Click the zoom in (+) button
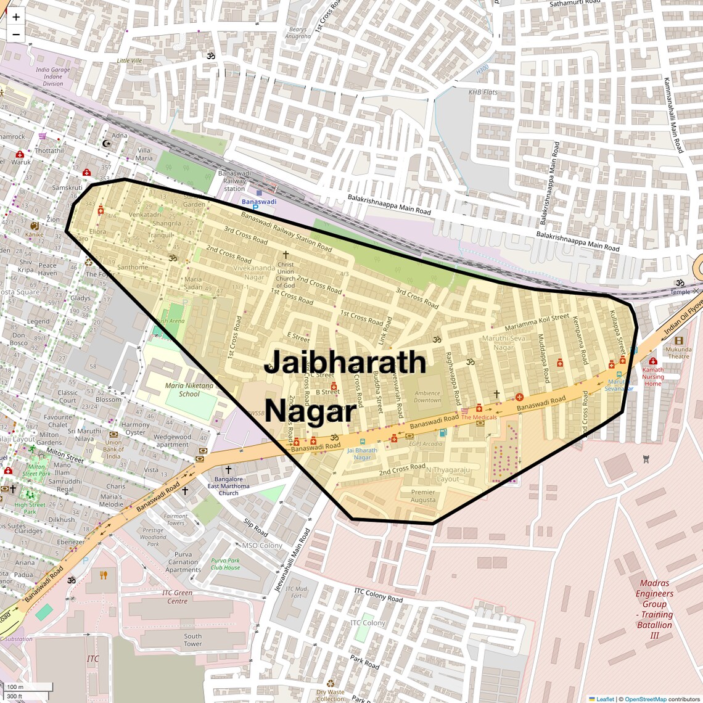[x=16, y=17]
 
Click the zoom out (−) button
[x=16, y=35]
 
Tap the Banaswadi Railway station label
[x=234, y=181]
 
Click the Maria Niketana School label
[x=189, y=390]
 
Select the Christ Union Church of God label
[x=286, y=274]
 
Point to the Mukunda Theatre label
[x=678, y=353]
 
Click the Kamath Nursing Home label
[x=652, y=376]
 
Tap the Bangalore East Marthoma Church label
[x=228, y=486]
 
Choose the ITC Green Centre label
[x=178, y=597]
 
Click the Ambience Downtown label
[x=427, y=397]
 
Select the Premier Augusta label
[x=423, y=496]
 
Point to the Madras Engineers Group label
[x=654, y=609]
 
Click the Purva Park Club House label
[x=225, y=564]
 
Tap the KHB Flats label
[x=483, y=92]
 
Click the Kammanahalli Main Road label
[x=673, y=115]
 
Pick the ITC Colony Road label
[x=378, y=595]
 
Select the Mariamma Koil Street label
[x=536, y=322]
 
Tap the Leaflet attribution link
[x=604, y=699]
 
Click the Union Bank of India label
[x=113, y=449]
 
